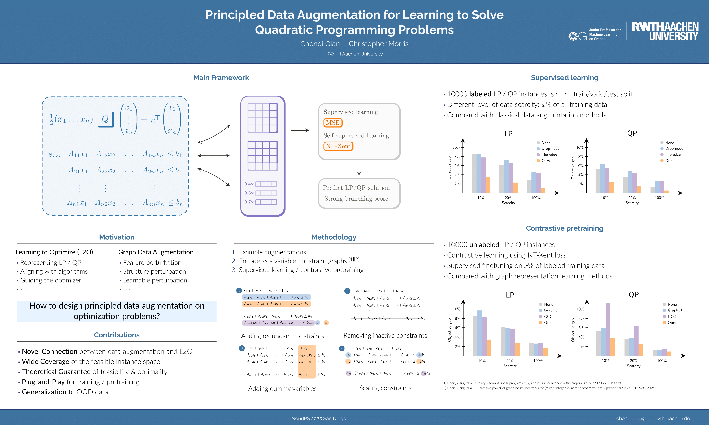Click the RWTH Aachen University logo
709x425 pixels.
(665, 31)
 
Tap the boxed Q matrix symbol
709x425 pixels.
(105, 119)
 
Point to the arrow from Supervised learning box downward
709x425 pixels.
(359, 169)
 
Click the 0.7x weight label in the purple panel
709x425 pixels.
(249, 202)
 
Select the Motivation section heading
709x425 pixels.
(117, 237)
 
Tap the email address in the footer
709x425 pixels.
(653, 418)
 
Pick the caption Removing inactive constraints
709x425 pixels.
(385, 335)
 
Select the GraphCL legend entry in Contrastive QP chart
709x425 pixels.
(675, 310)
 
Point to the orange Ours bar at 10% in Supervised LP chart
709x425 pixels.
(488, 185)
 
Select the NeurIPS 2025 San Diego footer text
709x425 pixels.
(319, 418)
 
